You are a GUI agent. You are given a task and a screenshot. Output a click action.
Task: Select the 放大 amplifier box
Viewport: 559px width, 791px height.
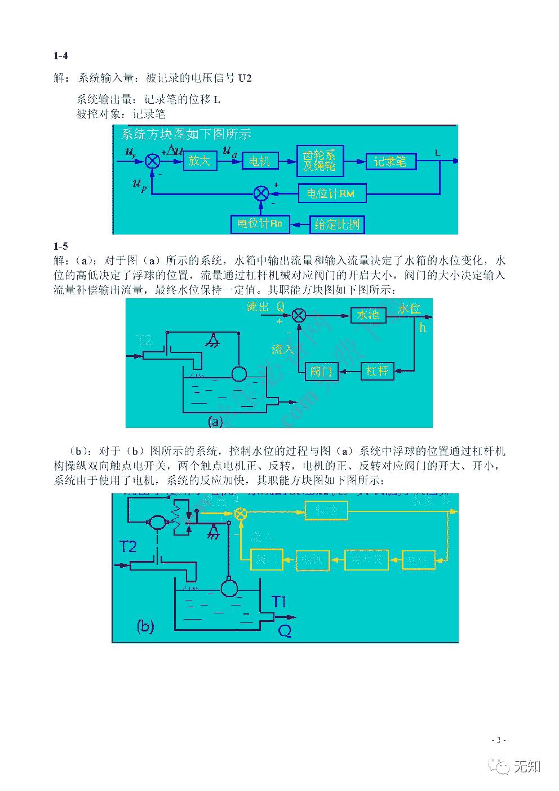pyautogui.click(x=199, y=161)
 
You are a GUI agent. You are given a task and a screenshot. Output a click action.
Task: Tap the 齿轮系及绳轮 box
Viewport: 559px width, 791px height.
pyautogui.click(x=320, y=161)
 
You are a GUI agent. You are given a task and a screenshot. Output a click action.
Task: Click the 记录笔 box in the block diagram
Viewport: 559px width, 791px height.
pyautogui.click(x=391, y=162)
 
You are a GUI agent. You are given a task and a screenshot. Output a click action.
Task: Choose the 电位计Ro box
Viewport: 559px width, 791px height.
pyautogui.click(x=260, y=224)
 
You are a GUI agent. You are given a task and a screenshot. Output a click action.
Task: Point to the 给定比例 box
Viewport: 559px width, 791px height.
pyautogui.click(x=337, y=224)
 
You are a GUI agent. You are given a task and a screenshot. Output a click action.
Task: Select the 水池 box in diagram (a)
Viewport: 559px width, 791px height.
pyautogui.click(x=368, y=315)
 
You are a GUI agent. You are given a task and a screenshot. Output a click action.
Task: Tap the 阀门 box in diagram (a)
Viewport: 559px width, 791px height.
pyautogui.click(x=322, y=371)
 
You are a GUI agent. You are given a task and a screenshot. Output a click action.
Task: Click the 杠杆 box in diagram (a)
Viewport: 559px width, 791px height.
pyautogui.click(x=377, y=371)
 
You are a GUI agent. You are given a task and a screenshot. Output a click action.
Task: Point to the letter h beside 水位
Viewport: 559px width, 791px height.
pyautogui.click(x=423, y=328)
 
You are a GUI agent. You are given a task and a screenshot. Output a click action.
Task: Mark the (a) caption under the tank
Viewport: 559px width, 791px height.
pyautogui.click(x=216, y=421)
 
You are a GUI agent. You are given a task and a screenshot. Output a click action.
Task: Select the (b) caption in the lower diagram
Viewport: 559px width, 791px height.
pyautogui.click(x=145, y=626)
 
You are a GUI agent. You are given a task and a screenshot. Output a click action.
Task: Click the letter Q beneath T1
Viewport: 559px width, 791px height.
pyautogui.click(x=285, y=631)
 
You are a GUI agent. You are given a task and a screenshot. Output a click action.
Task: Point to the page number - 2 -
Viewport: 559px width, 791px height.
pyautogui.click(x=499, y=740)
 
